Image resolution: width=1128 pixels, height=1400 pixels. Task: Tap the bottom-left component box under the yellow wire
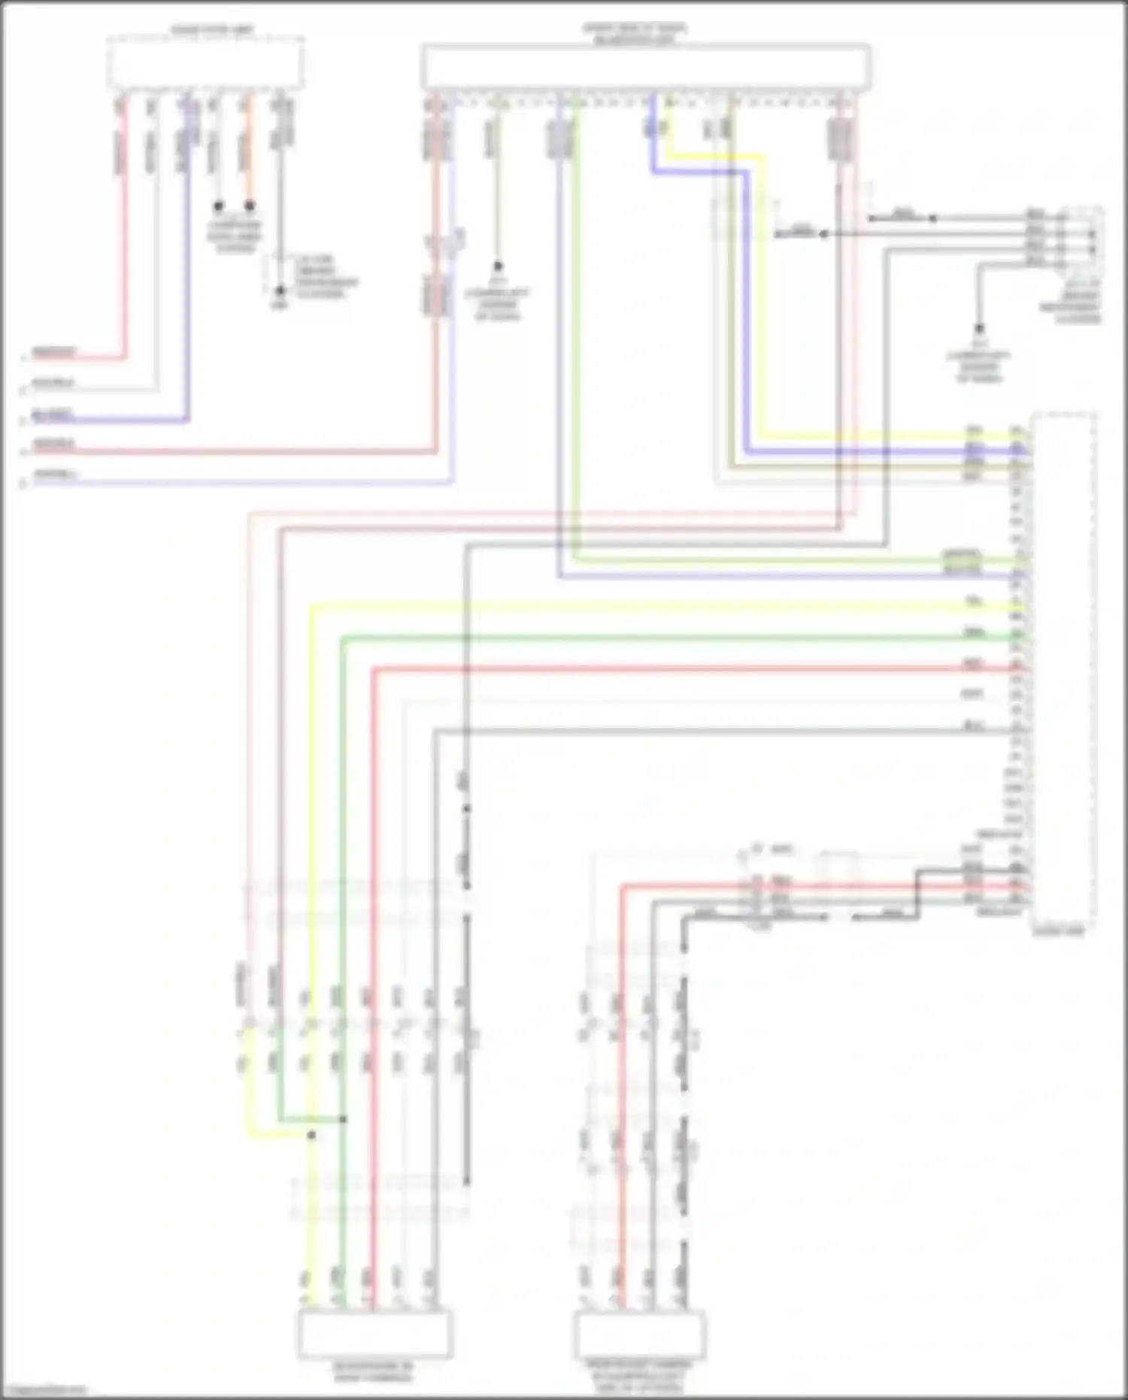point(375,1335)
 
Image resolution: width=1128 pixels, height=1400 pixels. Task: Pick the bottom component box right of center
point(640,1335)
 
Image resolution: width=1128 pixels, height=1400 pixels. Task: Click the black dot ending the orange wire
point(250,205)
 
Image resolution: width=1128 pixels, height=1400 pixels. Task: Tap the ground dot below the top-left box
point(280,290)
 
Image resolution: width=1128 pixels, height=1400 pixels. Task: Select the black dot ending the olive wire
point(497,266)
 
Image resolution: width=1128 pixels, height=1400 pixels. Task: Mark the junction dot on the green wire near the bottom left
point(343,1119)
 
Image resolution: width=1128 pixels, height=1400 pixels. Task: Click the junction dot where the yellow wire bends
point(311,1134)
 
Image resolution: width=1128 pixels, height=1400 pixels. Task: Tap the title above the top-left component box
point(212,30)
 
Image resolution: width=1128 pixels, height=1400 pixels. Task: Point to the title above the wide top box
point(635,33)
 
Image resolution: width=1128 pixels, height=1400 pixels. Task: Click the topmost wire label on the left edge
point(54,351)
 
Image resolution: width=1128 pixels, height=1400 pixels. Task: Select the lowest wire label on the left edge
point(54,475)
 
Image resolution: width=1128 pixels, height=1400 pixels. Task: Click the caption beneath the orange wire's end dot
point(235,236)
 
